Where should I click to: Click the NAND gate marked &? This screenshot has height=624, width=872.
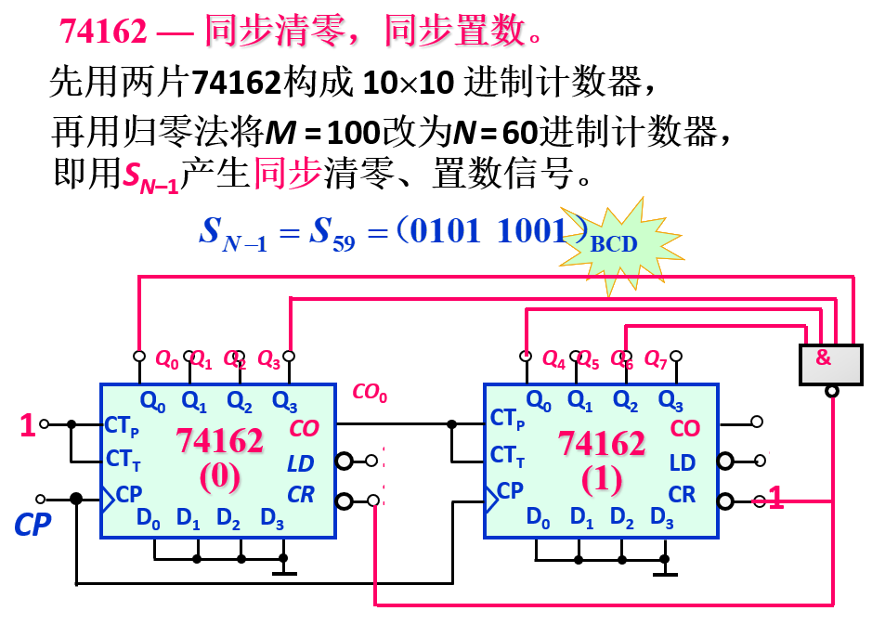point(830,365)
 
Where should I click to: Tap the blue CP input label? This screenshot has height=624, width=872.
point(32,525)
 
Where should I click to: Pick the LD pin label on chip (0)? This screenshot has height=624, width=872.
point(300,462)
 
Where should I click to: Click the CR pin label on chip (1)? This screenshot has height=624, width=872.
point(682,495)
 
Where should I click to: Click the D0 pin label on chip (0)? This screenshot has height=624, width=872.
point(149,518)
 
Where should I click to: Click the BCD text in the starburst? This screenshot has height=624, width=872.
point(614,243)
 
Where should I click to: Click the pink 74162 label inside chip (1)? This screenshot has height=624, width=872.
point(601,444)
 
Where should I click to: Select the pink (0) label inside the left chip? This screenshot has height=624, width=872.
point(219,475)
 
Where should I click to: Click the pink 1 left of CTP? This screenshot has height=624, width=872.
point(28,426)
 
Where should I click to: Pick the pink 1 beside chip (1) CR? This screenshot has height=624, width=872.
point(775,500)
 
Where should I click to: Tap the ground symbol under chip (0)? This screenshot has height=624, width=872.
point(283,568)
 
